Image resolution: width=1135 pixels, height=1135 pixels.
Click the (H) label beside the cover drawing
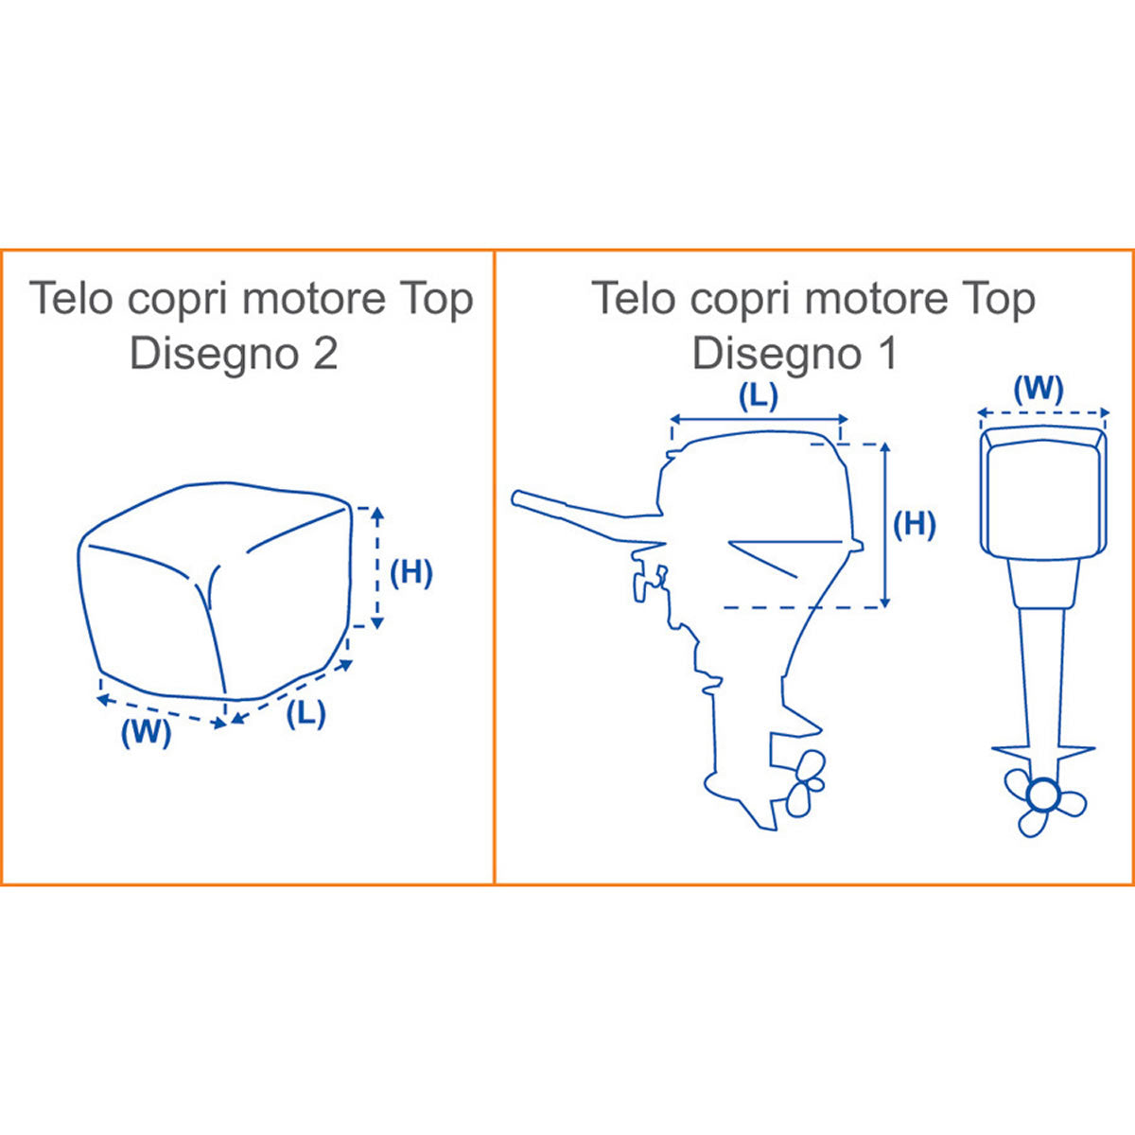411,573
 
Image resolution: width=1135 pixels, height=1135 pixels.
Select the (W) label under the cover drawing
147,733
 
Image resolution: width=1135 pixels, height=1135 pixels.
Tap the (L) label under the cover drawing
306,713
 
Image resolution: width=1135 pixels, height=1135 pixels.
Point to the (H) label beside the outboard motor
914,524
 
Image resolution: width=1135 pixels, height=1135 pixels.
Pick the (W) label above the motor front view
1039,390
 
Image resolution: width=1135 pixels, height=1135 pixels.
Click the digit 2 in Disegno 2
325,354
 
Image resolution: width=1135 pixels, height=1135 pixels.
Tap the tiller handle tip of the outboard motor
517,498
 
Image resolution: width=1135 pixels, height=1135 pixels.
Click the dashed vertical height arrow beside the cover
377,567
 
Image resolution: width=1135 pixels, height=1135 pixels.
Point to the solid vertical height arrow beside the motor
884,525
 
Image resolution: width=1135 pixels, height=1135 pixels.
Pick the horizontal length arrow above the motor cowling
760,419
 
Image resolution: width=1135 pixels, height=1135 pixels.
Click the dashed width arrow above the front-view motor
1043,412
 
